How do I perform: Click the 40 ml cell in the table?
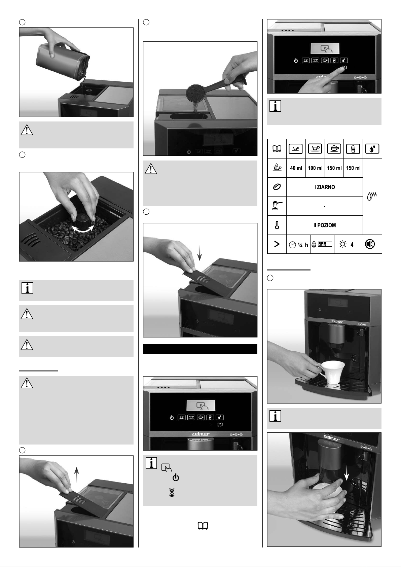click(296, 168)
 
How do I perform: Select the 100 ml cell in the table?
click(315, 168)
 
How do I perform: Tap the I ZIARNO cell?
click(325, 187)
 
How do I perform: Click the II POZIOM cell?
click(325, 225)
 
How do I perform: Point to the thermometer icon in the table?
click(277, 225)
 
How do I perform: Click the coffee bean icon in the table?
click(277, 187)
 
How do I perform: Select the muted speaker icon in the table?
click(370, 244)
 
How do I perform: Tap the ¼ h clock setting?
click(298, 245)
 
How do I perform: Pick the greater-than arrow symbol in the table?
click(277, 244)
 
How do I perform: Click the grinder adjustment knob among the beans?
click(81, 220)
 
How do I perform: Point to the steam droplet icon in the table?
click(372, 196)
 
